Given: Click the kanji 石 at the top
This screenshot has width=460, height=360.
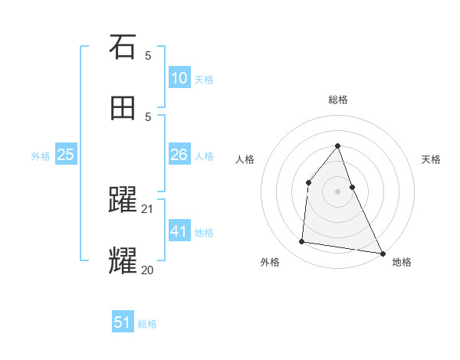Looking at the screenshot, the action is [123, 47].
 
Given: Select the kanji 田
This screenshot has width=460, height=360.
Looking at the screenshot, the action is [123, 108].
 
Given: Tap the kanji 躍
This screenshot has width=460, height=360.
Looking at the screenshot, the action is [123, 201].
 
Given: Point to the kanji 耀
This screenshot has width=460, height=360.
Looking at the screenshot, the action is [123, 260].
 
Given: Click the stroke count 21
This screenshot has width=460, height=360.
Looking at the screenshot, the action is [148, 209].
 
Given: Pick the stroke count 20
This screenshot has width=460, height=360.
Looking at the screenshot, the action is [148, 269].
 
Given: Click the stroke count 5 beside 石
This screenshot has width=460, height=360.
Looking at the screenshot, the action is [148, 56].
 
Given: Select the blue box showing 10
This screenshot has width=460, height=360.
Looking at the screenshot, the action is [179, 78].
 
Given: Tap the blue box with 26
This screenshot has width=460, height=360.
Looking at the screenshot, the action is [179, 155].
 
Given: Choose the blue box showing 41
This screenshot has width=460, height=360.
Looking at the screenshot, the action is [179, 231].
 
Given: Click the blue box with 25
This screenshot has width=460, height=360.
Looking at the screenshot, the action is [66, 155].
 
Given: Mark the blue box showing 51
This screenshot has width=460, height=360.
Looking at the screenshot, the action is [123, 322].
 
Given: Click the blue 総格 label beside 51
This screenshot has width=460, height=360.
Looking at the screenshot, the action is [147, 324].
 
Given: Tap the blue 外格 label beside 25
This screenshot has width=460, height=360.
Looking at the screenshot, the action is [41, 156].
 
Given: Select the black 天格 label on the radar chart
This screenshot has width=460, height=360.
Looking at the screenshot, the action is [432, 159].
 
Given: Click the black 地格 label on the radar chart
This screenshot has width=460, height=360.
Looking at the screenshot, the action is [402, 262].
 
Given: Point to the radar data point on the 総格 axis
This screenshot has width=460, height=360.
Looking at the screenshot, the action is [337, 146].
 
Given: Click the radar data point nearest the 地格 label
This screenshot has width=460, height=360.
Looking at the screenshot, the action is [382, 253].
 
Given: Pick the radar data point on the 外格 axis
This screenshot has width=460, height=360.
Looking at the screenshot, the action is [302, 242].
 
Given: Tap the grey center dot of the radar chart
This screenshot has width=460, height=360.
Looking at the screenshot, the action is [337, 191].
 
